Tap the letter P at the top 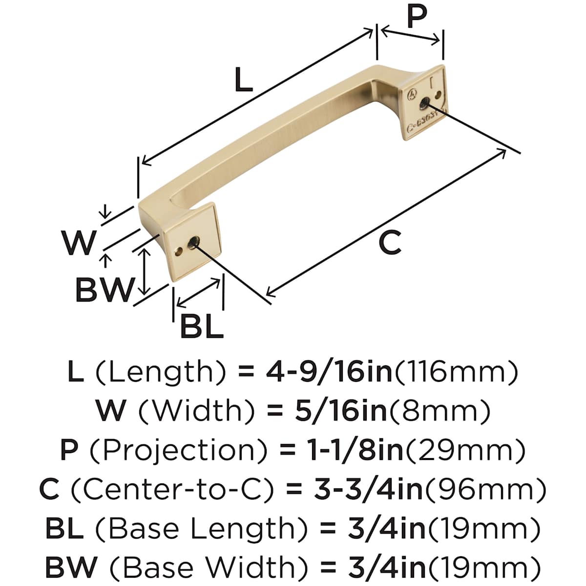(417, 16)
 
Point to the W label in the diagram (79, 243)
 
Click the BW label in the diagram (105, 289)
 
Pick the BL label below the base (202, 327)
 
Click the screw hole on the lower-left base (193, 243)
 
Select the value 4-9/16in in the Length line (329, 373)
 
